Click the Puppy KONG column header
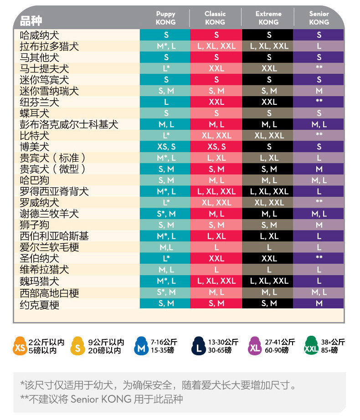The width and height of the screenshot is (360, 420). (165, 18)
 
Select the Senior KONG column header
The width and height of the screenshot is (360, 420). (319, 18)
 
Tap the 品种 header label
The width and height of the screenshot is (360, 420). (31, 20)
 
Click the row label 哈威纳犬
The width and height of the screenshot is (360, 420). (39, 35)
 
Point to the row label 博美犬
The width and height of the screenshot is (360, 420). (34, 147)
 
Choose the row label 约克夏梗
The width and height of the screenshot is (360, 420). (39, 304)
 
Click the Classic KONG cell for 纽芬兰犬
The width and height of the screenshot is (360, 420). (216, 102)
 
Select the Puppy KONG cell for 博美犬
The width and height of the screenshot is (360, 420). (166, 147)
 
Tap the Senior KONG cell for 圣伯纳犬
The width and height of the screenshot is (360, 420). (319, 258)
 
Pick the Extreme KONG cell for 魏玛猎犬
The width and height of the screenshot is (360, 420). (269, 281)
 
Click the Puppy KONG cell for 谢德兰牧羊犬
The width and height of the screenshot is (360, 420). (166, 214)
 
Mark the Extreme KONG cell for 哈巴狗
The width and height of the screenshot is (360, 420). (269, 180)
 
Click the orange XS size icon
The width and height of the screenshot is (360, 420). (20, 347)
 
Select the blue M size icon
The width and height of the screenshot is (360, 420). (140, 347)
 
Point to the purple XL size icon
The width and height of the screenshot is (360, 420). (254, 347)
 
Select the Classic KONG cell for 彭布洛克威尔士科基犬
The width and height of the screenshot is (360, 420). (216, 124)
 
